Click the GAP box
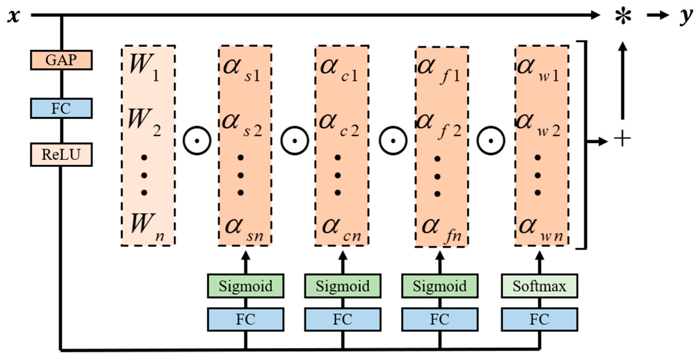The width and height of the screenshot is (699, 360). point(61,60)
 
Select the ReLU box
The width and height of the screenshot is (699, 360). point(61,154)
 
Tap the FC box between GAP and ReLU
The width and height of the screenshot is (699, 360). point(61,108)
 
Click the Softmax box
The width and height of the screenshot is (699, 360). point(539,286)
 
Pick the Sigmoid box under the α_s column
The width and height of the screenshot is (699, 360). point(246,286)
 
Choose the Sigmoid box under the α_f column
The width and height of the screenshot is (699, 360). point(440,286)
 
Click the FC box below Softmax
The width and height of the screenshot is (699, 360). point(539,320)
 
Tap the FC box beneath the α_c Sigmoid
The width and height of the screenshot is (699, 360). point(343,320)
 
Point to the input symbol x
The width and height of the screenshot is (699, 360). point(13,15)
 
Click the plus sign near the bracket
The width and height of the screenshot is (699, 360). point(622,139)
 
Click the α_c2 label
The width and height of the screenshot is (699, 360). point(339,125)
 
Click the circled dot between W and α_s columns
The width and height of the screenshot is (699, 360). point(197,141)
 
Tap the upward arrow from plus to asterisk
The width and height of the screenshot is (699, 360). point(623,80)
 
